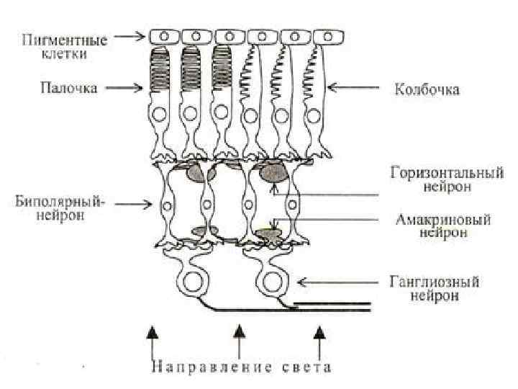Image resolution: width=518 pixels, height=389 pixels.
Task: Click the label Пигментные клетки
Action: pos(65,46)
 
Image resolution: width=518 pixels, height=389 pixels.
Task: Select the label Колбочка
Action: pos(427,90)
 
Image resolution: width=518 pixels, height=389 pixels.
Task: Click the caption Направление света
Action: pos(240,367)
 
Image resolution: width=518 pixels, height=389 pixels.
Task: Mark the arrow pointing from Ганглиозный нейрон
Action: pos(324,281)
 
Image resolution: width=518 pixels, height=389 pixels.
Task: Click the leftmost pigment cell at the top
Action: pos(164,36)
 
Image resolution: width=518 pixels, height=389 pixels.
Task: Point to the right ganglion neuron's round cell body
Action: pos(272,280)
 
